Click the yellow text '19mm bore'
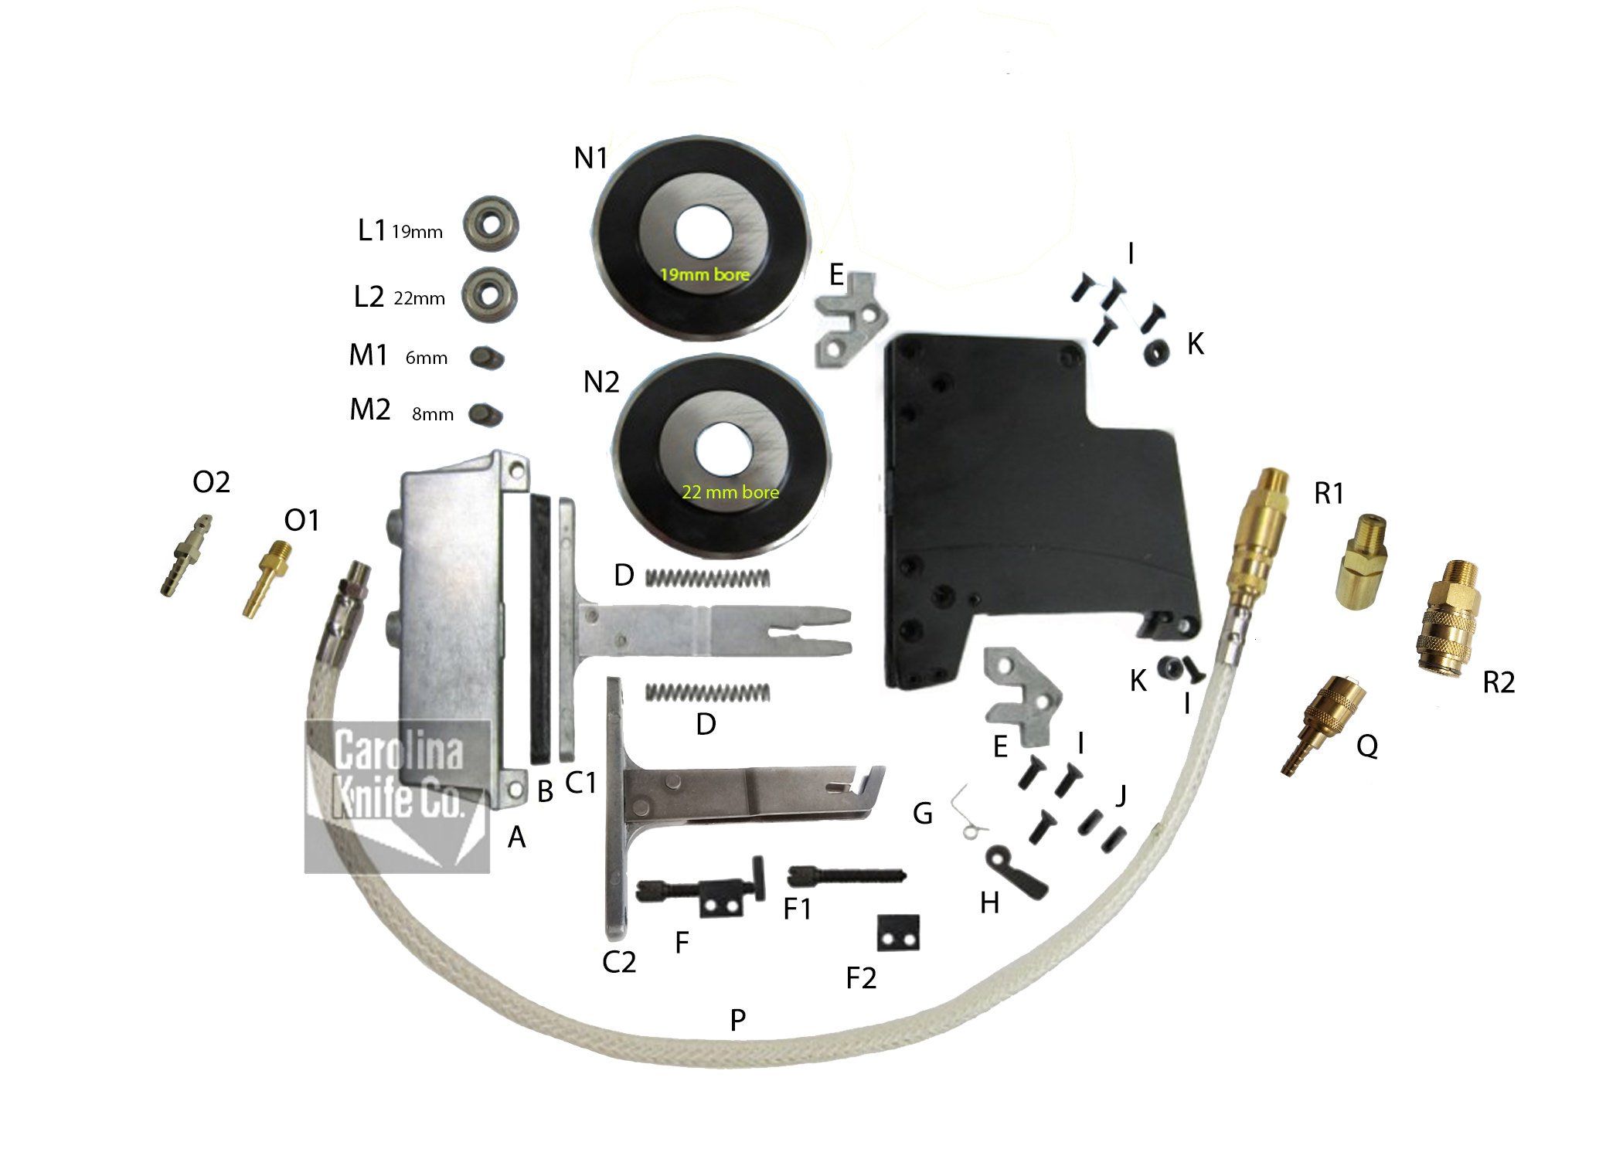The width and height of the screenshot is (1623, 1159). click(x=704, y=274)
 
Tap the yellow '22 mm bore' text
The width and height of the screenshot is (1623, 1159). click(x=730, y=492)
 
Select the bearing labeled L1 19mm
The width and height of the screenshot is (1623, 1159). click(x=491, y=224)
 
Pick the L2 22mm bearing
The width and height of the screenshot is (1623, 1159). click(x=489, y=294)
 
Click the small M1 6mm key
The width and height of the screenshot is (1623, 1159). click(x=487, y=358)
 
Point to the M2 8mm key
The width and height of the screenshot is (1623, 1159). click(x=486, y=414)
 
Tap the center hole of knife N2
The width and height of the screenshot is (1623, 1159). click(x=724, y=450)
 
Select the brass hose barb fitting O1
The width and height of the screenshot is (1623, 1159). click(x=267, y=579)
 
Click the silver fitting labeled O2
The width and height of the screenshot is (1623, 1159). click(x=186, y=556)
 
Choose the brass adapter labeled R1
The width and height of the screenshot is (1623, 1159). click(x=1361, y=562)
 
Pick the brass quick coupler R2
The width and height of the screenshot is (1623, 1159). click(x=1448, y=619)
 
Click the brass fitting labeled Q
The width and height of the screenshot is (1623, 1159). click(x=1323, y=725)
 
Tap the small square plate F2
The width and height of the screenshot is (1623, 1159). click(x=898, y=933)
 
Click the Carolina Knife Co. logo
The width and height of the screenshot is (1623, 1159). click(x=397, y=797)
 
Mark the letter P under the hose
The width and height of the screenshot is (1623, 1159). click(x=738, y=1021)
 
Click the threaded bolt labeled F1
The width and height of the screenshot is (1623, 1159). click(x=846, y=876)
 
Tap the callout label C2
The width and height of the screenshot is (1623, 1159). click(x=619, y=962)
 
